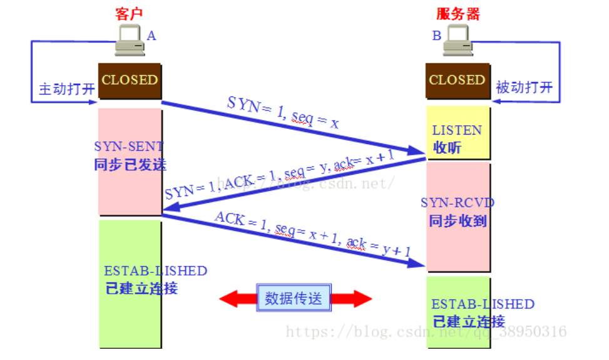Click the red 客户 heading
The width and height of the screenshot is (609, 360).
[130, 13]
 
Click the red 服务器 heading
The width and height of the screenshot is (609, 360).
[458, 13]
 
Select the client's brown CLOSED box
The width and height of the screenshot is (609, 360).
[130, 80]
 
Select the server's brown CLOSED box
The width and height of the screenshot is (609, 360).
[458, 80]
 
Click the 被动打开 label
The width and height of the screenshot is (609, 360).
[525, 87]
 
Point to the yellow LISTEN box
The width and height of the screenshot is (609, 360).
[458, 133]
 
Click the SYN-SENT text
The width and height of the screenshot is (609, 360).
[129, 147]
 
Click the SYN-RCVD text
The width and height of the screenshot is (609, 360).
[458, 203]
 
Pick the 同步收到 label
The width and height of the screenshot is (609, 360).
[458, 220]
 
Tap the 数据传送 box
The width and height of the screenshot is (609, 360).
[294, 298]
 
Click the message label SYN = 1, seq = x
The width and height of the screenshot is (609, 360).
[284, 113]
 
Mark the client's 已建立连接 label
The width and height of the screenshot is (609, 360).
[142, 288]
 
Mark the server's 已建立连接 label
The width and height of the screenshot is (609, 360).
[469, 322]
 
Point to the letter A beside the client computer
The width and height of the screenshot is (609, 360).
[151, 36]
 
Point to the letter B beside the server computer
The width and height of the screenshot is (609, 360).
[436, 36]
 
